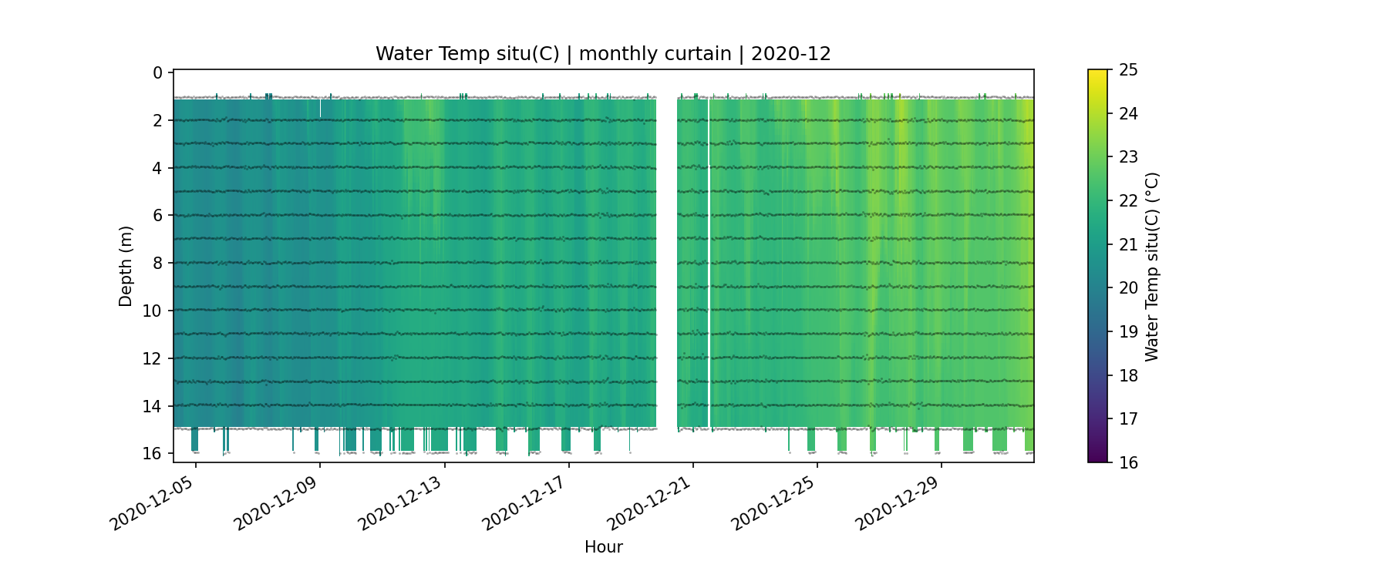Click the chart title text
tap(603, 54)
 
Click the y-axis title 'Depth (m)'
tap(126, 266)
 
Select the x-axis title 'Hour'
tap(603, 547)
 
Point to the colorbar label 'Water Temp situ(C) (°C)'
tap(1152, 266)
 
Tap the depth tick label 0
tap(158, 72)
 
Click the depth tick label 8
tap(158, 263)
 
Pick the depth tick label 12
tap(153, 358)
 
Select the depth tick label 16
tap(153, 453)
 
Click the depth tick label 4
tap(158, 168)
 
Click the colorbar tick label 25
tap(1128, 70)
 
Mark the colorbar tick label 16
tap(1128, 462)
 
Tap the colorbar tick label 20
tap(1128, 288)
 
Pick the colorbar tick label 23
tap(1128, 157)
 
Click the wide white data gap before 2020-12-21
tap(666, 262)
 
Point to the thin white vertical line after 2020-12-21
tap(709, 262)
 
